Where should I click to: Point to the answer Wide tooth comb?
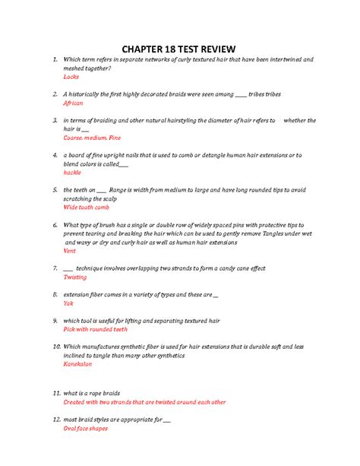(87, 207)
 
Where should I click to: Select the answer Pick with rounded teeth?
(96, 329)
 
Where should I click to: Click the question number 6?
(55, 225)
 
